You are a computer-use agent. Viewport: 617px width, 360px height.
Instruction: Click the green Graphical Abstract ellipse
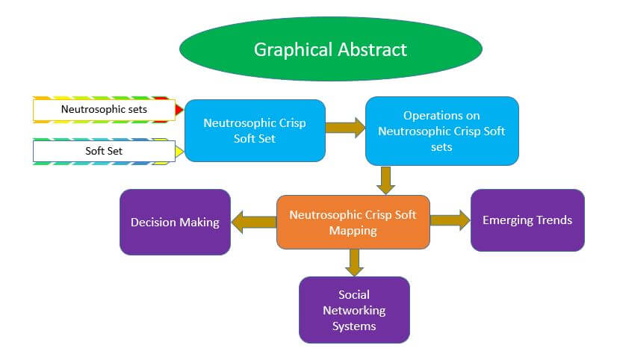(331, 49)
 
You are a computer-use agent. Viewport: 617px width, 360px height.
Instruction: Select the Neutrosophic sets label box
(104, 110)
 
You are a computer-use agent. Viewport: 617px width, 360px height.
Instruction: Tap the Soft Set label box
(104, 152)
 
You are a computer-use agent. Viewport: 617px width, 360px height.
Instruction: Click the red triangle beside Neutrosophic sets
(179, 111)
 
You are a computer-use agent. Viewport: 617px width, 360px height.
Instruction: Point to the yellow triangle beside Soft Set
(179, 152)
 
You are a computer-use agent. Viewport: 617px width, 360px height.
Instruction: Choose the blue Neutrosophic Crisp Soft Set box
(255, 131)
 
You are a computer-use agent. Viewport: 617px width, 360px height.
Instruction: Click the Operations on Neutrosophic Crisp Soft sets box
(441, 131)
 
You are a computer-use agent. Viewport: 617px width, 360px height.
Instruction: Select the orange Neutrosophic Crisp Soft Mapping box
(353, 222)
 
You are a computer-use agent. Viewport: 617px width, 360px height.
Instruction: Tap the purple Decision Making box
(175, 222)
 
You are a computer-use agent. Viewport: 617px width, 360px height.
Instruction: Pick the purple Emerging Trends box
(527, 220)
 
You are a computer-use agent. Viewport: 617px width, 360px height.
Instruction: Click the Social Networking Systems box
(354, 310)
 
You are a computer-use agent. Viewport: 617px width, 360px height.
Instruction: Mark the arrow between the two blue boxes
(344, 128)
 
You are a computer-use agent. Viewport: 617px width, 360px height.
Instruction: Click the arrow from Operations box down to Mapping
(385, 180)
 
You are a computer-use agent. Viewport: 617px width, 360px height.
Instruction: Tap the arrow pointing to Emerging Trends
(450, 220)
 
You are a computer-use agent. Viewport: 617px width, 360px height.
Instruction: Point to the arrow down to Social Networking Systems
(354, 261)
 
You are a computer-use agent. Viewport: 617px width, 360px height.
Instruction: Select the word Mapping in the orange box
(353, 230)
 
